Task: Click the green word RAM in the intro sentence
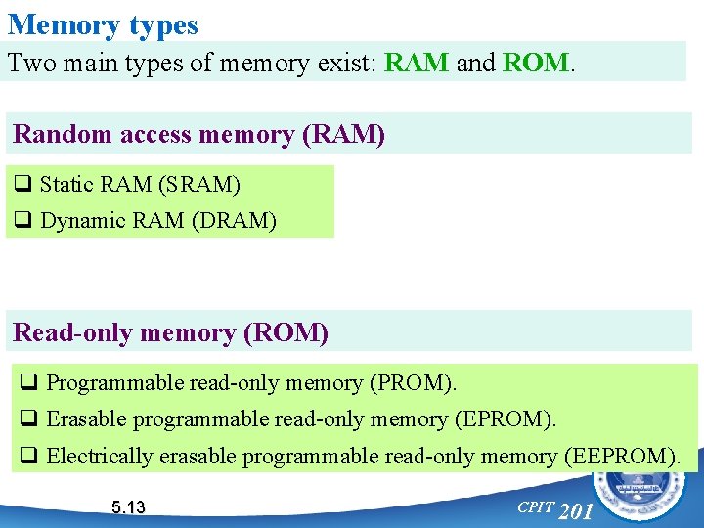[x=417, y=64]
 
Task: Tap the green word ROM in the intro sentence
[x=535, y=64]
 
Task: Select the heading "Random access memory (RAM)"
[x=198, y=135]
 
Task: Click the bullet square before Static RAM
[x=22, y=184]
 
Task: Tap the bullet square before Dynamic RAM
[x=22, y=221]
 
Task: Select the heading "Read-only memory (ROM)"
[x=171, y=332]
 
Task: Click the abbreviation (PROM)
[x=412, y=383]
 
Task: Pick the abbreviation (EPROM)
[x=505, y=419]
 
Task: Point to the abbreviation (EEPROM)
[x=622, y=456]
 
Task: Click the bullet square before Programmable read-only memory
[x=29, y=383]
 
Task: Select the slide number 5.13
[x=128, y=506]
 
